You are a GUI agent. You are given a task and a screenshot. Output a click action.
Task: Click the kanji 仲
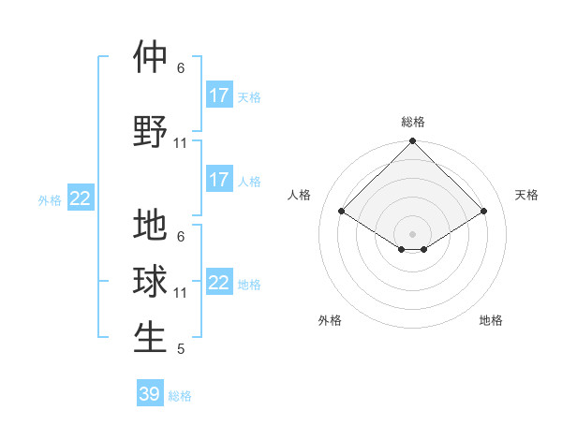pos(150,57)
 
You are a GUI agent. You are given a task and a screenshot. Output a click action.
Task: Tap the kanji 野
pos(150,132)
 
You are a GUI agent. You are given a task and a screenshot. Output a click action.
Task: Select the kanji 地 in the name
pos(150,226)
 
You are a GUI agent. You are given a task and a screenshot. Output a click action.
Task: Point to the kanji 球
pos(150,282)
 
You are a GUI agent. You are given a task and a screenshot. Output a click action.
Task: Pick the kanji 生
pos(150,338)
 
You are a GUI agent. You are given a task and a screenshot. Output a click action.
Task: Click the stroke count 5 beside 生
pos(181,350)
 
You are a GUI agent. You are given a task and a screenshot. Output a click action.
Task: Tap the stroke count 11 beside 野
pos(181,143)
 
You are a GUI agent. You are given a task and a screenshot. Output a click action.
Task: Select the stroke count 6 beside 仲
pos(181,68)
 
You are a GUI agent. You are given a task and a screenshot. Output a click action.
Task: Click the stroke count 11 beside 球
pos(181,293)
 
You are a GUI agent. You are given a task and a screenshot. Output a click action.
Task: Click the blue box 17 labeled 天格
pos(219,95)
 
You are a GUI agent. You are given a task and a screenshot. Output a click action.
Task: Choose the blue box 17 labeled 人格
pos(219,180)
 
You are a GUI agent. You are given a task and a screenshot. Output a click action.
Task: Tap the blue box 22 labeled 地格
pos(219,283)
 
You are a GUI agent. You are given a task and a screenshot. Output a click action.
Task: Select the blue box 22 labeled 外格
pos(81,198)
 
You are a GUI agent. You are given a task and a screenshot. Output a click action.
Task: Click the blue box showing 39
pos(150,394)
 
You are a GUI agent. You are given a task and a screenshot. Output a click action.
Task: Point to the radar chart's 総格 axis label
pos(413,123)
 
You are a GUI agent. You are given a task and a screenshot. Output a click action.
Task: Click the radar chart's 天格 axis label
pos(526,195)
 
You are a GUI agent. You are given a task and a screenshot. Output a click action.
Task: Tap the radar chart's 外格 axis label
pos(330,320)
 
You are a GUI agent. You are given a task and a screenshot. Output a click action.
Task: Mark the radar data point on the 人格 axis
pos(342,211)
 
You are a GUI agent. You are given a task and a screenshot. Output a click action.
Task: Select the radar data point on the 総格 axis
pos(413,142)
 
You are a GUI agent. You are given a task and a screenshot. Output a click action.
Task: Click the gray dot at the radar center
pos(413,233)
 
